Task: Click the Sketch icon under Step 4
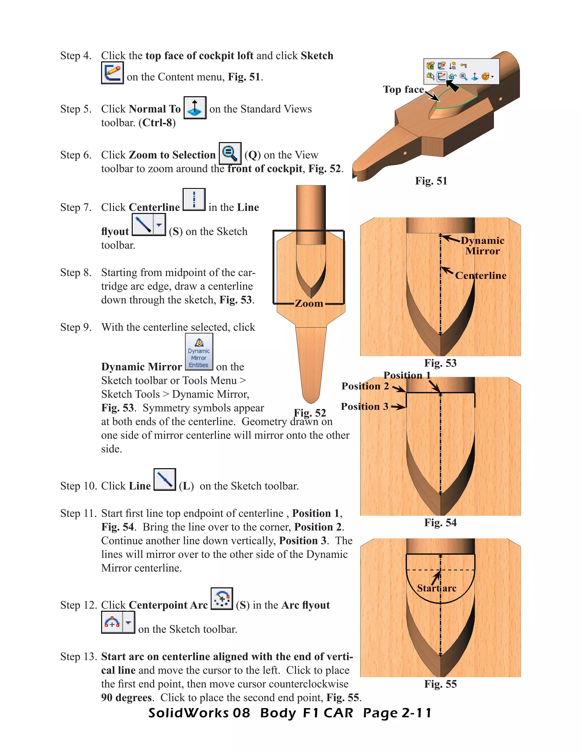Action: [x=112, y=73]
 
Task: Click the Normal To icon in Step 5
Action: [x=195, y=108]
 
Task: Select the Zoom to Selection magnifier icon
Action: [x=230, y=154]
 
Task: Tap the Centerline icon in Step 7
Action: [x=194, y=199]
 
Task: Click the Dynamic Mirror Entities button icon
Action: [x=199, y=352]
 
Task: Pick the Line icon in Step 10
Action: [x=165, y=479]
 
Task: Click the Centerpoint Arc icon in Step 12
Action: [x=222, y=598]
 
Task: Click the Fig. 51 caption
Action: [x=431, y=181]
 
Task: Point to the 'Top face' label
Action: [x=403, y=89]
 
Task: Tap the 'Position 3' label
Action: [x=365, y=407]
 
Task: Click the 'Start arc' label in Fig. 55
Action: [x=436, y=588]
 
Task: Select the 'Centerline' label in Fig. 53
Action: [x=481, y=276]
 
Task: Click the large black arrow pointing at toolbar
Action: [x=453, y=86]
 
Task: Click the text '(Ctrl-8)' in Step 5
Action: [x=157, y=123]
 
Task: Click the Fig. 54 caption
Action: [x=440, y=523]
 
